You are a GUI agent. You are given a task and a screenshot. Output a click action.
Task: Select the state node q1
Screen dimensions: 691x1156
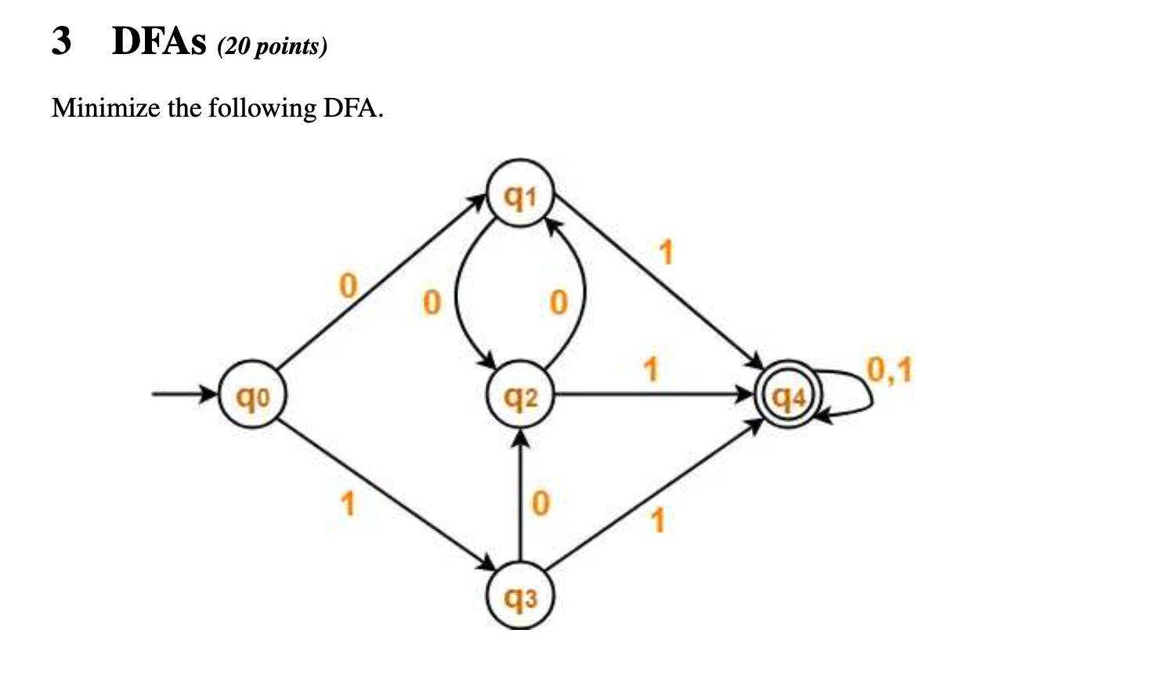(521, 194)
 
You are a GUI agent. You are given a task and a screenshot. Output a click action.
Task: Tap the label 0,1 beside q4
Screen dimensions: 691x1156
(890, 369)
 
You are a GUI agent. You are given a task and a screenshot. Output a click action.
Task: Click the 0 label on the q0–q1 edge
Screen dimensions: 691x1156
(347, 285)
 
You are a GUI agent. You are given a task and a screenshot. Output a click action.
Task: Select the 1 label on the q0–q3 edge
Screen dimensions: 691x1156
(347, 503)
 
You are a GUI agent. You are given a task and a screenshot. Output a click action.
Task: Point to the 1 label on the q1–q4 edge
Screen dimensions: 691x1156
(666, 253)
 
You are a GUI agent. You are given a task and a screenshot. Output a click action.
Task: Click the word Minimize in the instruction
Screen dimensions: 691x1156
(106, 107)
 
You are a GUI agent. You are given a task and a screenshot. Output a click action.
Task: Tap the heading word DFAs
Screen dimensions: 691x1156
(159, 42)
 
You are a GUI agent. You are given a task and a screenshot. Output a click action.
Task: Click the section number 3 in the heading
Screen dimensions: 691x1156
(61, 41)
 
